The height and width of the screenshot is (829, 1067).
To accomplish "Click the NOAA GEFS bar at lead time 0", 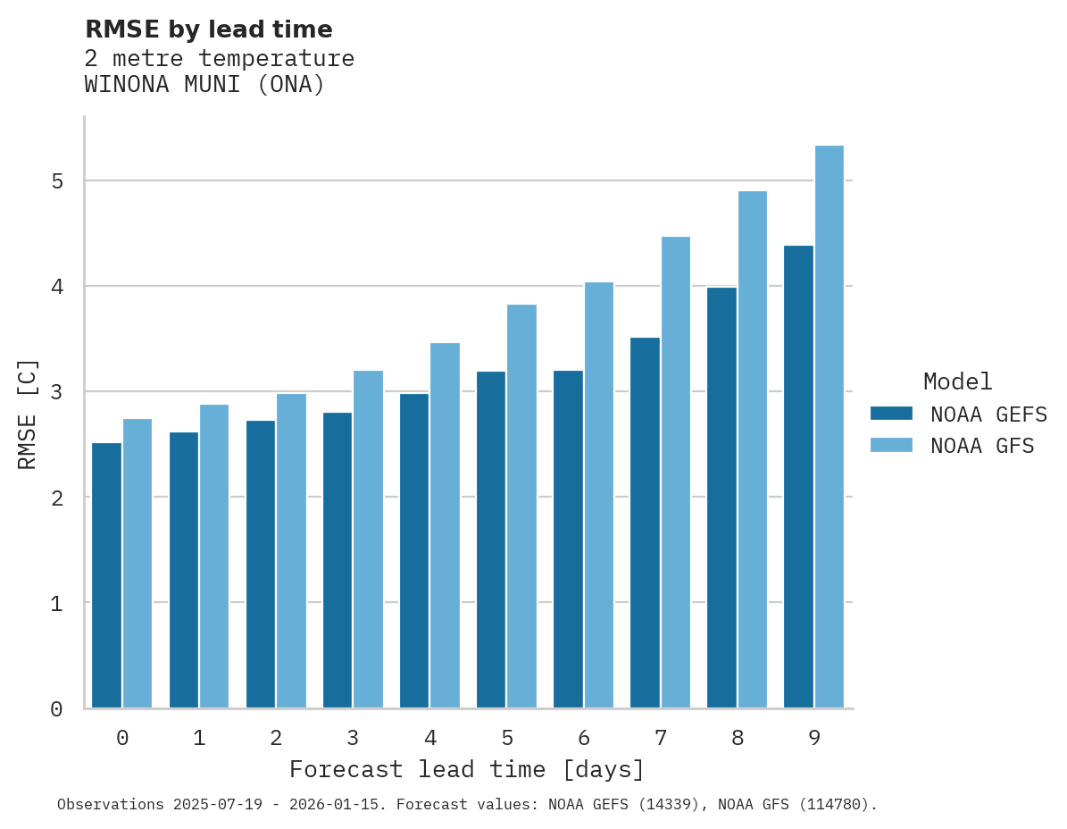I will tap(107, 575).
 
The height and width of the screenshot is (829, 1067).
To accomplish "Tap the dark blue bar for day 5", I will tap(491, 540).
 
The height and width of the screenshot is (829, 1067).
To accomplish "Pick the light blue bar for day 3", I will tap(368, 540).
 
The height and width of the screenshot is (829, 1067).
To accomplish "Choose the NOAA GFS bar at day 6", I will tap(598, 495).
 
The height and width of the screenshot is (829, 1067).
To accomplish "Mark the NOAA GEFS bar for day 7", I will tap(645, 523).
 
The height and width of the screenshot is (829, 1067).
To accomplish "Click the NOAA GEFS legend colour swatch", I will tap(891, 414).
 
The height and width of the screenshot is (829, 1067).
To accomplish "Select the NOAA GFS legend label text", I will tap(982, 446).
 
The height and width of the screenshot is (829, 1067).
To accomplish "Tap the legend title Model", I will tap(957, 382).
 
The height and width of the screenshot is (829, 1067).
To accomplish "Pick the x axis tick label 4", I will tap(430, 739).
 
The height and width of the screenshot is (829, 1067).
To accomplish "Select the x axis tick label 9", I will tap(814, 739).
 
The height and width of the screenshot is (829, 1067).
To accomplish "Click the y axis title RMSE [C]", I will tap(29, 414).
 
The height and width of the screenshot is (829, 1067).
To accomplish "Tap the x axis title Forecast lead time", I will tap(466, 770).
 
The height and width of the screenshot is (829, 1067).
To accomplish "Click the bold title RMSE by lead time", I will tap(208, 29).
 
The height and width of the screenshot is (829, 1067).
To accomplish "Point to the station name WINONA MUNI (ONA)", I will tap(204, 86).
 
